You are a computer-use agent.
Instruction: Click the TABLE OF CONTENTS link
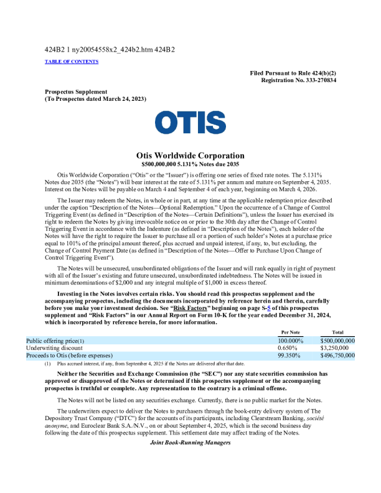[72, 62]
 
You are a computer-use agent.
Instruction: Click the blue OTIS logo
[190, 123]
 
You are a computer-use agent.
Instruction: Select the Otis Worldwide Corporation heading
[190, 156]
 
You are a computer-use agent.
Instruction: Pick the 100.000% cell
[290, 341]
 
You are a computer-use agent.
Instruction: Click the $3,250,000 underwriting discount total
[337, 348]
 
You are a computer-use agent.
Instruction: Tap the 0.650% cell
[288, 348]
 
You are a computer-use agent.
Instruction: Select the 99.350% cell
[289, 355]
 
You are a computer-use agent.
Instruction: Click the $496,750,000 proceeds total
[337, 355]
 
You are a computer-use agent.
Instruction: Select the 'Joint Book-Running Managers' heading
[190, 443]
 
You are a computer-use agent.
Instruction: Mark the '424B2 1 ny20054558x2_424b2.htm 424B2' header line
[109, 49]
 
